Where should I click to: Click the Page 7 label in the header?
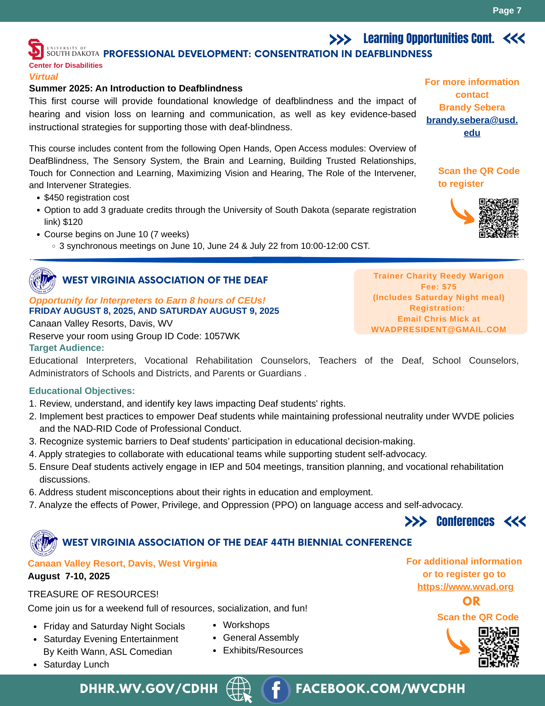point(507,11)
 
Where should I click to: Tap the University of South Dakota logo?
point(63,50)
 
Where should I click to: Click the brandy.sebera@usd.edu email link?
point(472,126)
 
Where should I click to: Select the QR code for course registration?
point(498,218)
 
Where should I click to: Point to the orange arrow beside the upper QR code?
point(462,212)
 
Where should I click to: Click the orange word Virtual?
point(43,77)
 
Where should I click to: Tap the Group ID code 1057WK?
point(222,336)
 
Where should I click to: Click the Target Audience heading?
point(66,348)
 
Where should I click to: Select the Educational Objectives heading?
point(82,391)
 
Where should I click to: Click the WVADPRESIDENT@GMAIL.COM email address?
point(438,329)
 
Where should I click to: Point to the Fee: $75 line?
point(438,287)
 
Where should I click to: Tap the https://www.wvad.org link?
point(465,587)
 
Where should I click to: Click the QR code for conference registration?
point(498,647)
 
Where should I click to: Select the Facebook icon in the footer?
point(275,689)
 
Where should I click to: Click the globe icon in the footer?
point(239,689)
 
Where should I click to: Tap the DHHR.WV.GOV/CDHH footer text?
point(149,689)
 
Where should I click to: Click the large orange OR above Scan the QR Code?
point(471,601)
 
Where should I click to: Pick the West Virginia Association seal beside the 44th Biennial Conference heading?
point(44,543)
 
